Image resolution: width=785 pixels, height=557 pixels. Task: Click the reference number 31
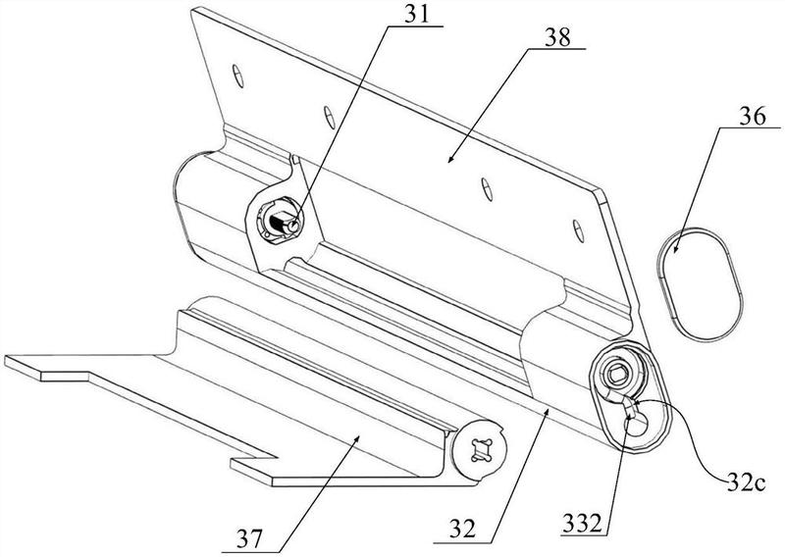(x=417, y=15)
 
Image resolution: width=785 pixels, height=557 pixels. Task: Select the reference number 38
(x=557, y=37)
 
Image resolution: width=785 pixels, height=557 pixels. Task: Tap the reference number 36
(x=753, y=117)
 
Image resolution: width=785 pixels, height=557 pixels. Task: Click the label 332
(x=582, y=524)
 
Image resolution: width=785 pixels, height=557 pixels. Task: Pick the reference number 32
(x=461, y=530)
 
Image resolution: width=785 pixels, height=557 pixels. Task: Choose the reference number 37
(x=249, y=539)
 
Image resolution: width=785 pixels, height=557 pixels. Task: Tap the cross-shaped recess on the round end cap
(x=480, y=449)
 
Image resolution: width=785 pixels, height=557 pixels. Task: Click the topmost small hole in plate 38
(x=238, y=76)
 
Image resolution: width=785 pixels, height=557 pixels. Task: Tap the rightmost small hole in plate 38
(x=578, y=229)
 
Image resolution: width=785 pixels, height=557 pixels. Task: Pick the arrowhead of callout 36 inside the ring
(x=674, y=249)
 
